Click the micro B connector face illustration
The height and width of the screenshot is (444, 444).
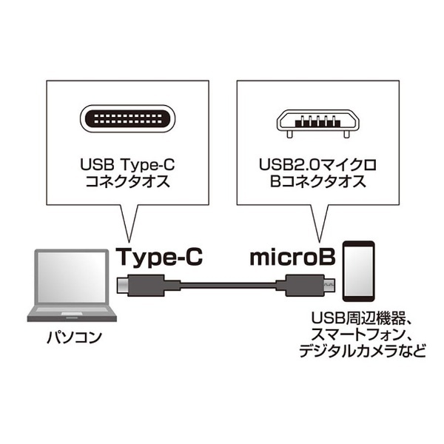(x=317, y=123)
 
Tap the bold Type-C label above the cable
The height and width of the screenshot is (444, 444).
(x=161, y=257)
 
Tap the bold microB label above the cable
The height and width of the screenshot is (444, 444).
(x=292, y=257)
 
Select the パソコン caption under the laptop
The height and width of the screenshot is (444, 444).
(x=74, y=337)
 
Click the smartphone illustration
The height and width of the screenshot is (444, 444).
(x=359, y=272)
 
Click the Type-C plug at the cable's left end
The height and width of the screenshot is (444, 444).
(x=148, y=285)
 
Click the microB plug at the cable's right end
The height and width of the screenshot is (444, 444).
(x=305, y=285)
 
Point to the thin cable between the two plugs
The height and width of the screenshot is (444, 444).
(x=228, y=286)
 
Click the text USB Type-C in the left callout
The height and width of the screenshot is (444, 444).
(x=127, y=165)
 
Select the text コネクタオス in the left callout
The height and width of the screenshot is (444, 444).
(x=127, y=181)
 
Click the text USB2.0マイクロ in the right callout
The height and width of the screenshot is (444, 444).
(x=317, y=165)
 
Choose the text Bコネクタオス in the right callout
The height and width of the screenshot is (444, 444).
(x=317, y=181)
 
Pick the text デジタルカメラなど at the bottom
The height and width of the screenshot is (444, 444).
(x=363, y=351)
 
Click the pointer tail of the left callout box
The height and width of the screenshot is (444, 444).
(x=129, y=223)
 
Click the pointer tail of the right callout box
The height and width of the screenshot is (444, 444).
(x=320, y=223)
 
